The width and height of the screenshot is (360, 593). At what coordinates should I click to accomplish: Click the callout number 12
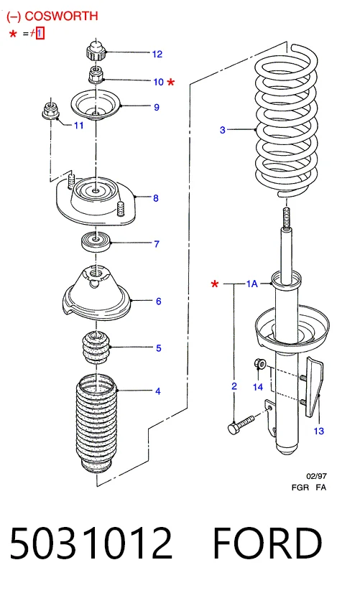click(157, 54)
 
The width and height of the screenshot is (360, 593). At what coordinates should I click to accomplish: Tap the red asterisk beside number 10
click(171, 81)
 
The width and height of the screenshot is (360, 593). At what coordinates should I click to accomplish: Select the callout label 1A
click(251, 284)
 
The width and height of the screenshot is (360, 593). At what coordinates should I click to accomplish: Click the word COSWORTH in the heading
click(61, 16)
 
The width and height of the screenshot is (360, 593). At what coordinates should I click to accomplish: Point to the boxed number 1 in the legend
click(40, 34)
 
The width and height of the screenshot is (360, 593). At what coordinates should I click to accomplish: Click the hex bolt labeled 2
click(241, 424)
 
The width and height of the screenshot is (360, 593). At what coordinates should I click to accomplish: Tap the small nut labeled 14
click(260, 363)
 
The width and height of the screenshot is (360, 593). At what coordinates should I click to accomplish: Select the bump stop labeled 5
click(96, 347)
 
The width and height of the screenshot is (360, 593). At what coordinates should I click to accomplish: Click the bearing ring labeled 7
click(96, 242)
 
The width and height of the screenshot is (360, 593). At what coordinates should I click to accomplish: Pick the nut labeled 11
click(50, 110)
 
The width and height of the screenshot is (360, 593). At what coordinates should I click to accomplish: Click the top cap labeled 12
click(96, 51)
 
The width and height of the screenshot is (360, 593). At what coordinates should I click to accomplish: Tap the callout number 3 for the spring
click(223, 130)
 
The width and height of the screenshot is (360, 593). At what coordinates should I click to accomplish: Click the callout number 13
click(319, 431)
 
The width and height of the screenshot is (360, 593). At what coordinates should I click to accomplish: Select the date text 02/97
click(316, 476)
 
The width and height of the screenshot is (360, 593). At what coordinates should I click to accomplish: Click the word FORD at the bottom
click(267, 543)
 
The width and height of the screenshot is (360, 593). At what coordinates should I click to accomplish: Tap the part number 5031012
click(91, 543)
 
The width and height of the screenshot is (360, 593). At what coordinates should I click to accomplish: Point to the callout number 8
click(156, 198)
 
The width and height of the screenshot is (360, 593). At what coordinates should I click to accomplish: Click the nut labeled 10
click(96, 74)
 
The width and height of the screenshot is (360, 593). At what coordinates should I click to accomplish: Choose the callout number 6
click(159, 302)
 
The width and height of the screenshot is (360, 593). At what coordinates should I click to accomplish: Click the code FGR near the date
click(300, 487)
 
